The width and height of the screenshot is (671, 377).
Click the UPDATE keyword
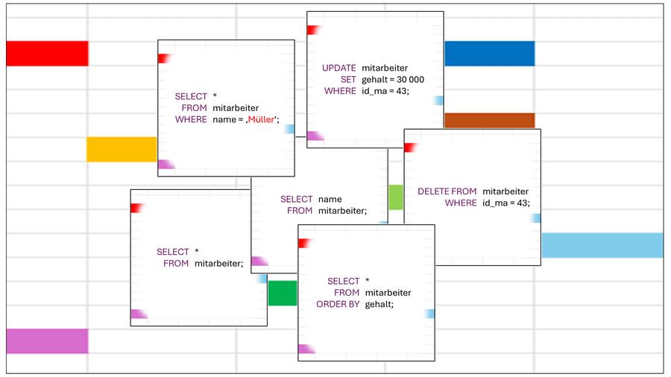pos(339,68)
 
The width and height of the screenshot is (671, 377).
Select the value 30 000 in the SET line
pos(410,80)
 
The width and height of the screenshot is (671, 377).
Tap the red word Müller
pos(261,119)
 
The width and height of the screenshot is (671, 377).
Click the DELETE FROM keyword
pos(447,191)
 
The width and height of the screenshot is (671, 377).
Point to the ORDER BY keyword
pos(338,304)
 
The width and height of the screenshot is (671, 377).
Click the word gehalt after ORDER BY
pos(379,304)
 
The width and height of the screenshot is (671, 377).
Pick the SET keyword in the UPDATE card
pos(348,80)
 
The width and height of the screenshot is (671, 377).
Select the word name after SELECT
pos(330,199)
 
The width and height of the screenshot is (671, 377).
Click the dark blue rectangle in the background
pos(490,54)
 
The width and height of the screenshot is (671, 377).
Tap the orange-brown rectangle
pos(490,121)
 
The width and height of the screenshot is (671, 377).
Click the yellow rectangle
pos(122,149)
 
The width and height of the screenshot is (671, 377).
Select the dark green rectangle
pos(283,293)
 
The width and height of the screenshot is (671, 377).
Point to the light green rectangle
pos(396,197)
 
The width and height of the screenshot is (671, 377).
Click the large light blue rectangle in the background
pos(602,245)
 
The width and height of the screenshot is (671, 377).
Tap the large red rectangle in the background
pos(47,54)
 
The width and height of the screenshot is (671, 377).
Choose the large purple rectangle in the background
pos(47,341)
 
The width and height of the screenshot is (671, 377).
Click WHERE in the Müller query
pos(191,119)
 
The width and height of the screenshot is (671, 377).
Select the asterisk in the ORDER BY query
pos(367,280)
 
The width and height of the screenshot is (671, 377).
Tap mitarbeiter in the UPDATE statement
pos(385,68)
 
